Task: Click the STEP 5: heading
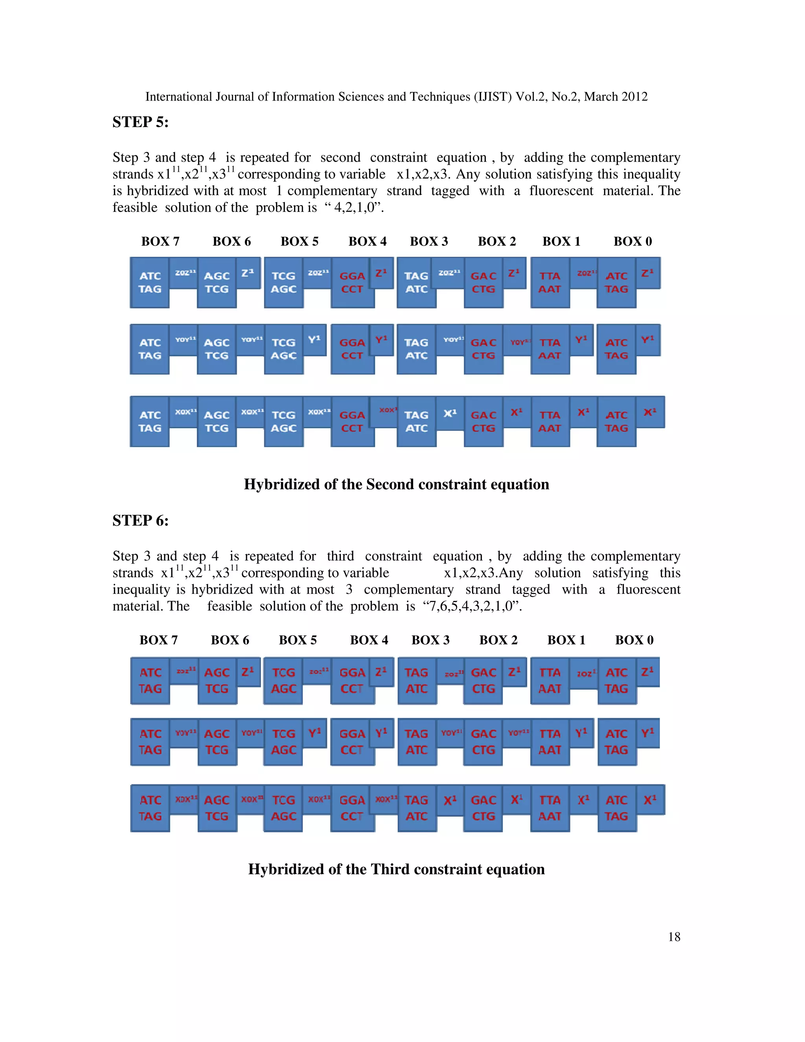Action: click(140, 122)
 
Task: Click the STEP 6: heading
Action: click(140, 521)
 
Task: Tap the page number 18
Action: click(674, 937)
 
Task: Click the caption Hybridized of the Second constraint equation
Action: click(396, 484)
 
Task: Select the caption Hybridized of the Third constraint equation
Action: click(396, 869)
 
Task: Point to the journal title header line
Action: click(396, 97)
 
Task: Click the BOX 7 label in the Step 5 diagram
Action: click(160, 241)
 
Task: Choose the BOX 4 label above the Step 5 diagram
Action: click(367, 241)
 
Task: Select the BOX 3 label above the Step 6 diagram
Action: click(430, 640)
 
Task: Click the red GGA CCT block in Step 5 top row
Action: click(352, 282)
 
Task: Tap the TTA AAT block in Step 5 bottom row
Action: click(550, 422)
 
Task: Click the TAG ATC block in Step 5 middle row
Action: click(416, 349)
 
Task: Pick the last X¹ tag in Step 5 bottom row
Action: click(649, 412)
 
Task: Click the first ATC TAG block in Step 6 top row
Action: click(150, 680)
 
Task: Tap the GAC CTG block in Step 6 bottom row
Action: click(483, 808)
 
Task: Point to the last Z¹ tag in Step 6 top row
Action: click(647, 672)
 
